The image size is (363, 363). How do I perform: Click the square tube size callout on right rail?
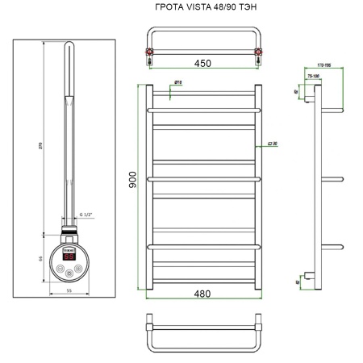[275, 145]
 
